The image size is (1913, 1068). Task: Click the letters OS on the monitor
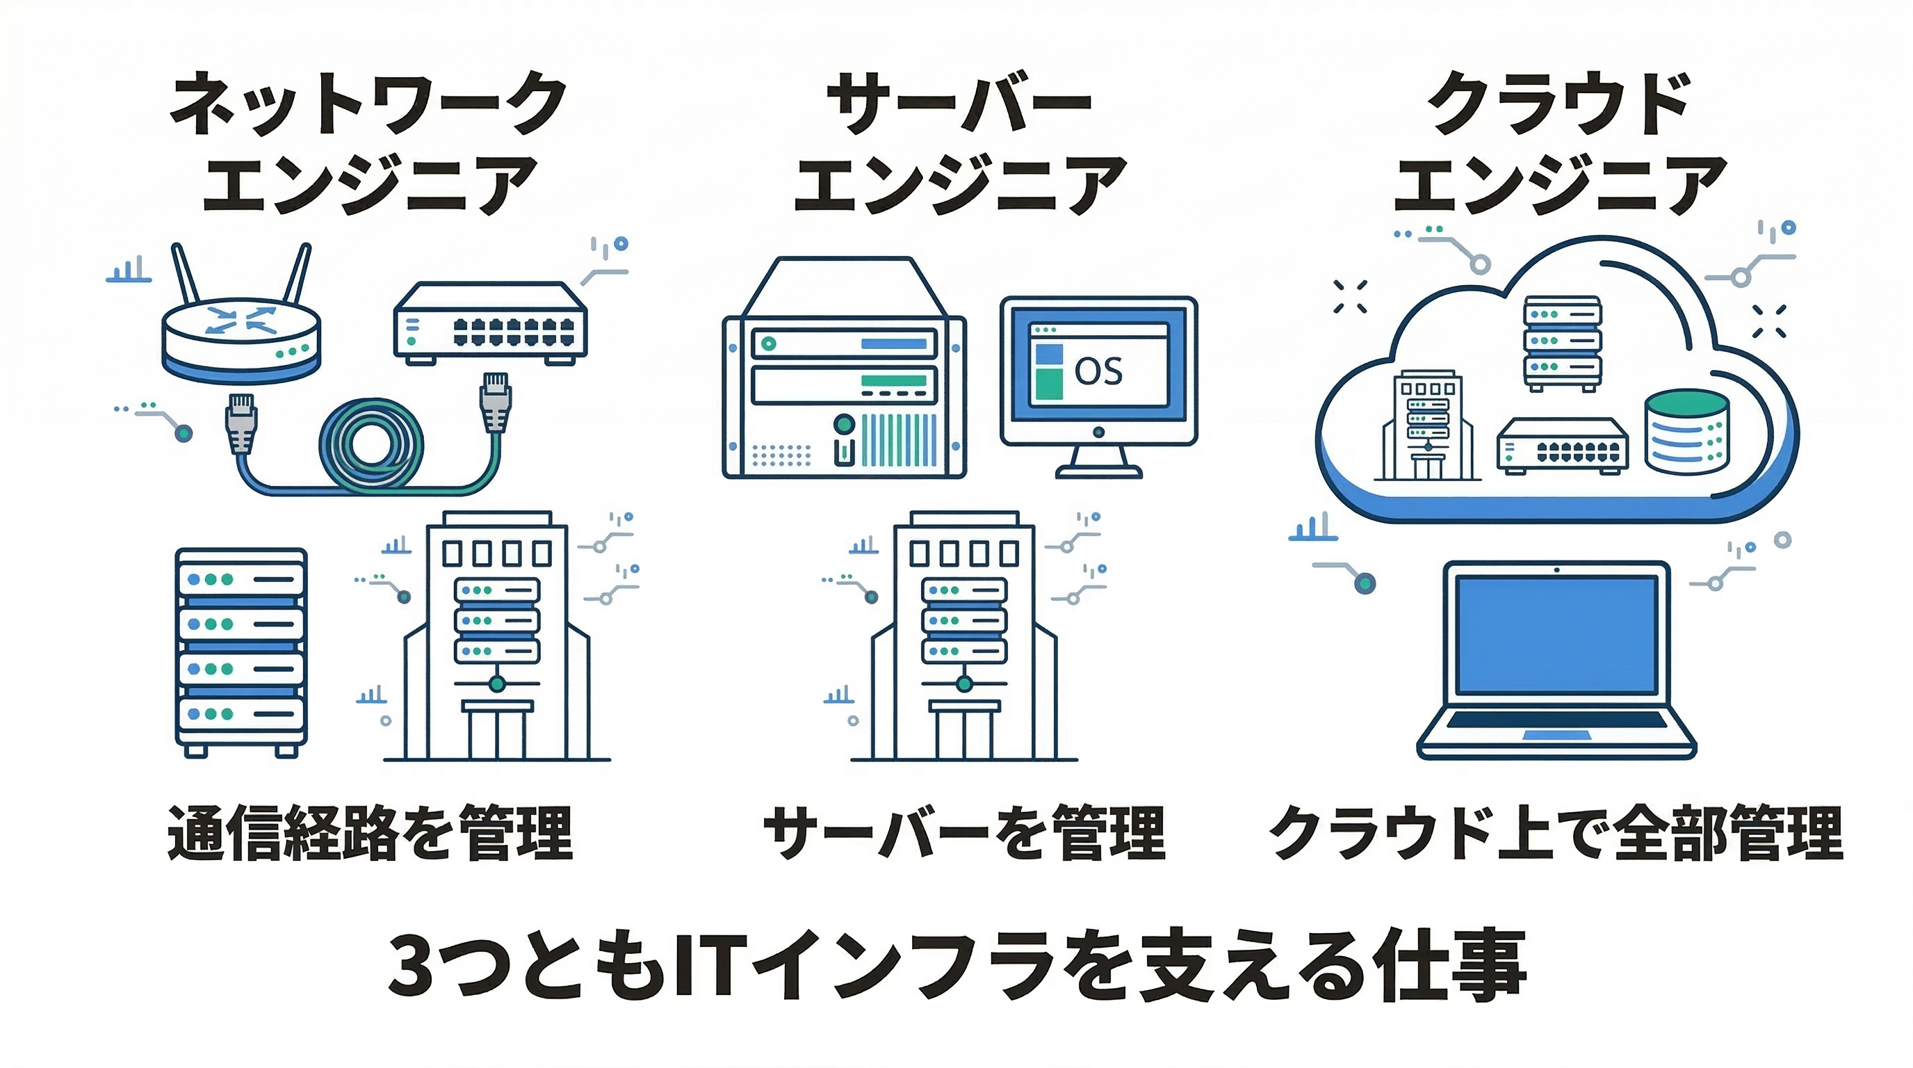(x=1098, y=371)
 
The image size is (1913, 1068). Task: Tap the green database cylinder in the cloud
(x=1686, y=432)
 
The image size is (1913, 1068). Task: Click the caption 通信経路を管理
(x=370, y=832)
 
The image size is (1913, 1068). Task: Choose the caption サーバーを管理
(x=964, y=832)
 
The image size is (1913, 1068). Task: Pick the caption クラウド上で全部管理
(x=1556, y=832)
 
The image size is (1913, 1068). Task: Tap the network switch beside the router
(x=490, y=324)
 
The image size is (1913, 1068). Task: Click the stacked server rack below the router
(x=241, y=652)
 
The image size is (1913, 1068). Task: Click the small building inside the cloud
(x=1426, y=426)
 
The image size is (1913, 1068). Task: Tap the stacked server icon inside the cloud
(x=1563, y=343)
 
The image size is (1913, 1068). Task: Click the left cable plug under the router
(x=241, y=423)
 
